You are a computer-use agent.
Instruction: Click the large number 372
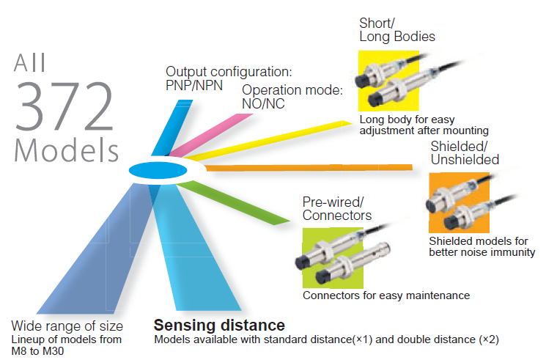point(64,106)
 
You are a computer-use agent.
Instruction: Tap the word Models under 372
point(67,150)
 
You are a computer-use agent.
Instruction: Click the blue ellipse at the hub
point(158,171)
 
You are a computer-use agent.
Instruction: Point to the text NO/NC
point(264,104)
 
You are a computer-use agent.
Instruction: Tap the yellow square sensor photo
point(388,81)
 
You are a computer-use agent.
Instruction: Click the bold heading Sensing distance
point(218,325)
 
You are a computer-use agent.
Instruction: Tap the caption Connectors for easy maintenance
point(385,295)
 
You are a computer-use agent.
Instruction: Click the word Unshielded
point(465,159)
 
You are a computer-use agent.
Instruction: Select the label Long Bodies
point(396,36)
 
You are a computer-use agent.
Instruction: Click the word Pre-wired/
point(333,202)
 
